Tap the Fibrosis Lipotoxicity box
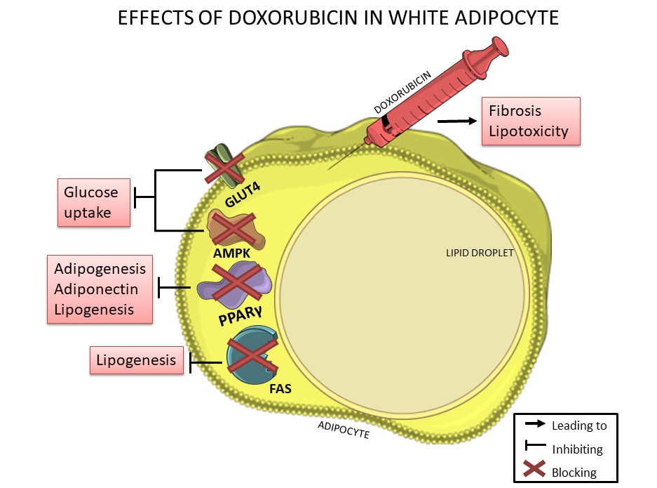(x=531, y=121)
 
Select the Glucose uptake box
(x=94, y=202)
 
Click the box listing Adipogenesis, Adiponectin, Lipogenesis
(x=100, y=289)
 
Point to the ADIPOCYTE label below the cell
(x=343, y=430)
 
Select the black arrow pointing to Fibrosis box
(x=456, y=121)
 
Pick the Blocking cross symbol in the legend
(x=534, y=470)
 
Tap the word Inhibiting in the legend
(x=577, y=449)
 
